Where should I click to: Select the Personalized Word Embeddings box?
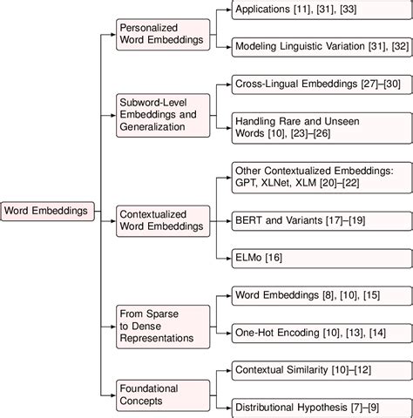[x=163, y=35]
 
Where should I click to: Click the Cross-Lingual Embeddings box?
[x=322, y=87]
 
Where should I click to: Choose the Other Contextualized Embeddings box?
[x=322, y=178]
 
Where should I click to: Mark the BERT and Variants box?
[x=322, y=222]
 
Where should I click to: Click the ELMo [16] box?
[x=322, y=258]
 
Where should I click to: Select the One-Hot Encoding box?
[x=322, y=332]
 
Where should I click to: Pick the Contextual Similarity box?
[x=322, y=370]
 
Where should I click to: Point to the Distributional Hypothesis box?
[x=322, y=406]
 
